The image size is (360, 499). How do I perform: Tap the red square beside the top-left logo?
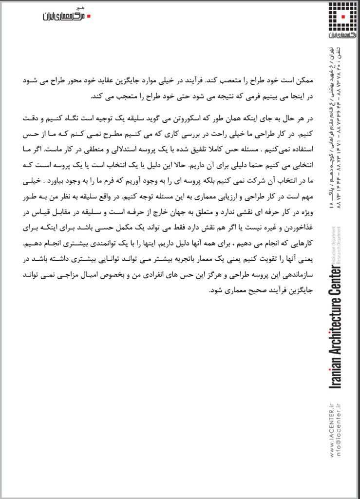(89, 16)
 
